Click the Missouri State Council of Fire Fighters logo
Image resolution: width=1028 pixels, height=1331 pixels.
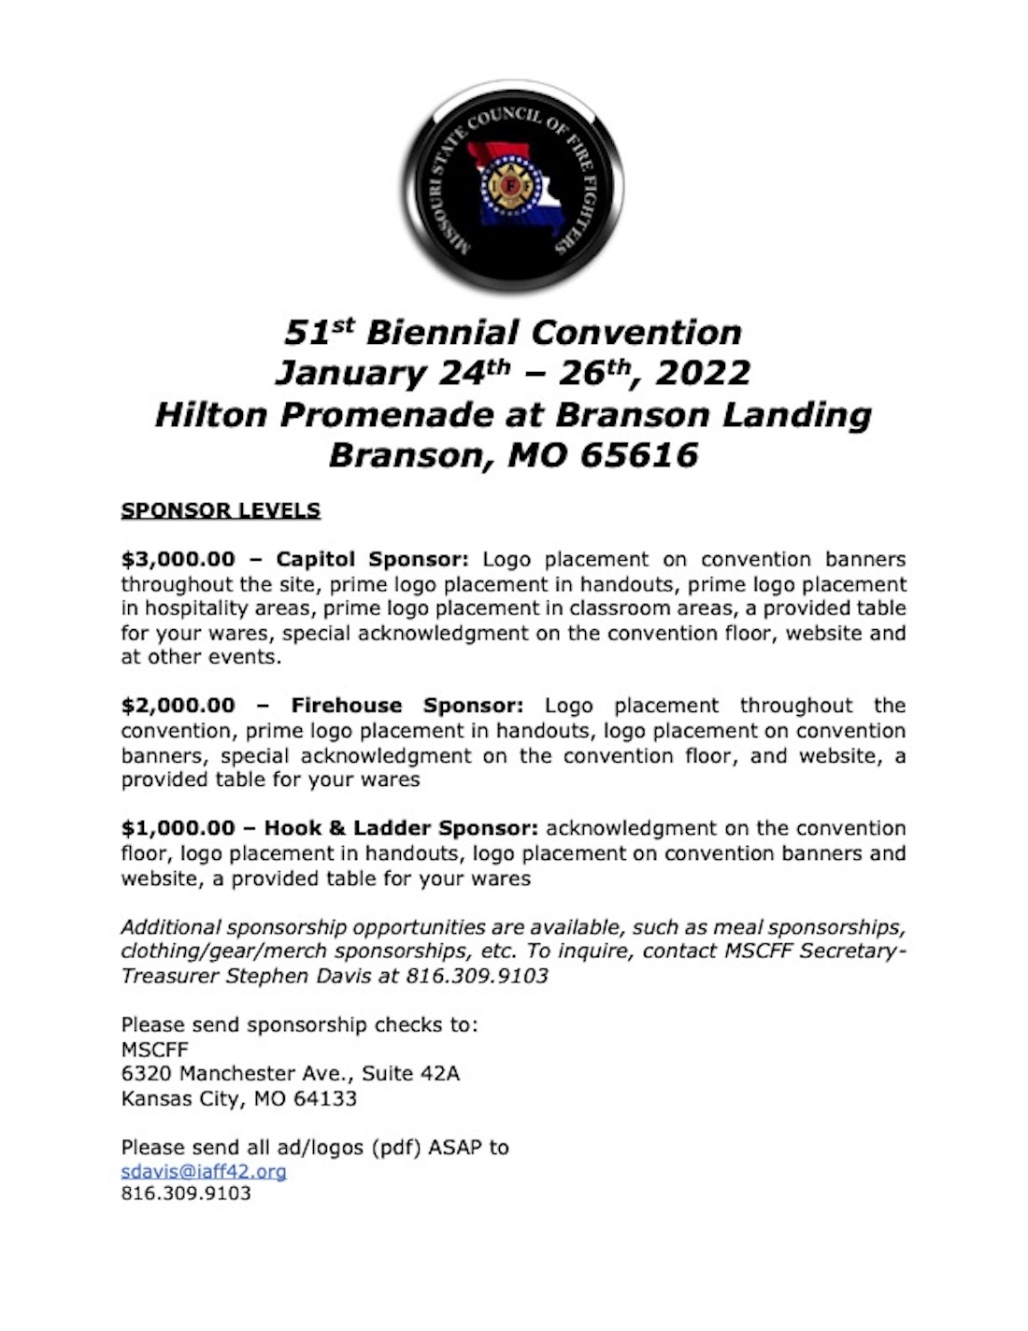tap(513, 187)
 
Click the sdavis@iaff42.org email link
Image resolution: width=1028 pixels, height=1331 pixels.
tap(204, 1170)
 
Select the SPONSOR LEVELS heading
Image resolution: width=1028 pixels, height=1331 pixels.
tap(221, 510)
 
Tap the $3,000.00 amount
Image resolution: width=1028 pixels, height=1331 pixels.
tap(178, 560)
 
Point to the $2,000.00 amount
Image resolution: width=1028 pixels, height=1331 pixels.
tap(178, 706)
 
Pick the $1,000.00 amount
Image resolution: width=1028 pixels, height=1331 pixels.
tap(178, 828)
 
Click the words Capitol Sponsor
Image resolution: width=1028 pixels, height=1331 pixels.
tap(372, 560)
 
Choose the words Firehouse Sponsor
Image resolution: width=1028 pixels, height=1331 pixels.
tap(407, 706)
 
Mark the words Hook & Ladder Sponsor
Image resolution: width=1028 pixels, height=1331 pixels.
tap(401, 828)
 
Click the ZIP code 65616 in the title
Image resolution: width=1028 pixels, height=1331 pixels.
tap(639, 455)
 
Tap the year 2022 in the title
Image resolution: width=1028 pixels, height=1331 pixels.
tap(703, 373)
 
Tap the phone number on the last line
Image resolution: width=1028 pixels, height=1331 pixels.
tap(186, 1194)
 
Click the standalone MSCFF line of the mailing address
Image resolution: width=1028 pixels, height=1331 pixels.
tap(154, 1050)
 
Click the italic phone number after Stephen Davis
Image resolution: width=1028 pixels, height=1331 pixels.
tap(477, 976)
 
